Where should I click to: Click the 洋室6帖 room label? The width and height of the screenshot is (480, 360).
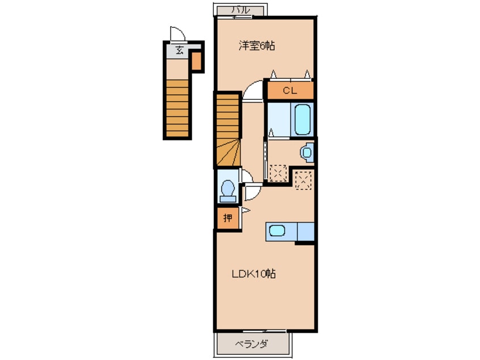[256, 45]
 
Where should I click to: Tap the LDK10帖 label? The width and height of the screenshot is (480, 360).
[254, 273]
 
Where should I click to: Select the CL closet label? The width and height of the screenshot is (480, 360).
[290, 91]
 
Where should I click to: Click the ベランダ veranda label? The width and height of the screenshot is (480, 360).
[251, 344]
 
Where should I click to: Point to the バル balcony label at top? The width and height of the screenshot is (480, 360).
[241, 10]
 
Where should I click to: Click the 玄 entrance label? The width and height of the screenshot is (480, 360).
[179, 50]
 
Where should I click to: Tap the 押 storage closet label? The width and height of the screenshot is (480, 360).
[228, 218]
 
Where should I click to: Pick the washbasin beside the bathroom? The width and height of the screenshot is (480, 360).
[308, 152]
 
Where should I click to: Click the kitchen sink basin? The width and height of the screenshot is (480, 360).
[277, 231]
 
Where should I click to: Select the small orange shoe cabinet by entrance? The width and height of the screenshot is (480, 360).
[196, 61]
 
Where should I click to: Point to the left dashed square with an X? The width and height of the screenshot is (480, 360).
[278, 173]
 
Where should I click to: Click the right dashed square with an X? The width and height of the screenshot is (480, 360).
[303, 181]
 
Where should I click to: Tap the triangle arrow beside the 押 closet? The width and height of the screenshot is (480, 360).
[246, 210]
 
